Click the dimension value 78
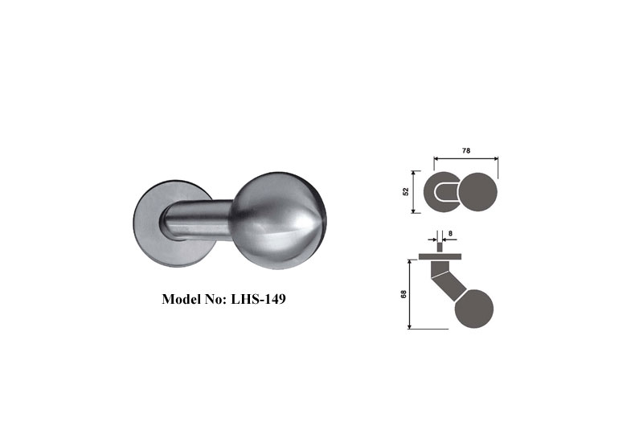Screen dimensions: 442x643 click(466, 149)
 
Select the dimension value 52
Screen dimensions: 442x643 click(406, 191)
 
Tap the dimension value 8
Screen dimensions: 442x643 click(450, 232)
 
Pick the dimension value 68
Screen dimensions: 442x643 click(403, 293)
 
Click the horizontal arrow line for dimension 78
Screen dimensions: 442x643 click(466, 158)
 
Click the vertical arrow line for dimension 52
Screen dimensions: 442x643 click(414, 191)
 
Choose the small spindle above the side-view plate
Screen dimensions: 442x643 click(439, 246)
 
